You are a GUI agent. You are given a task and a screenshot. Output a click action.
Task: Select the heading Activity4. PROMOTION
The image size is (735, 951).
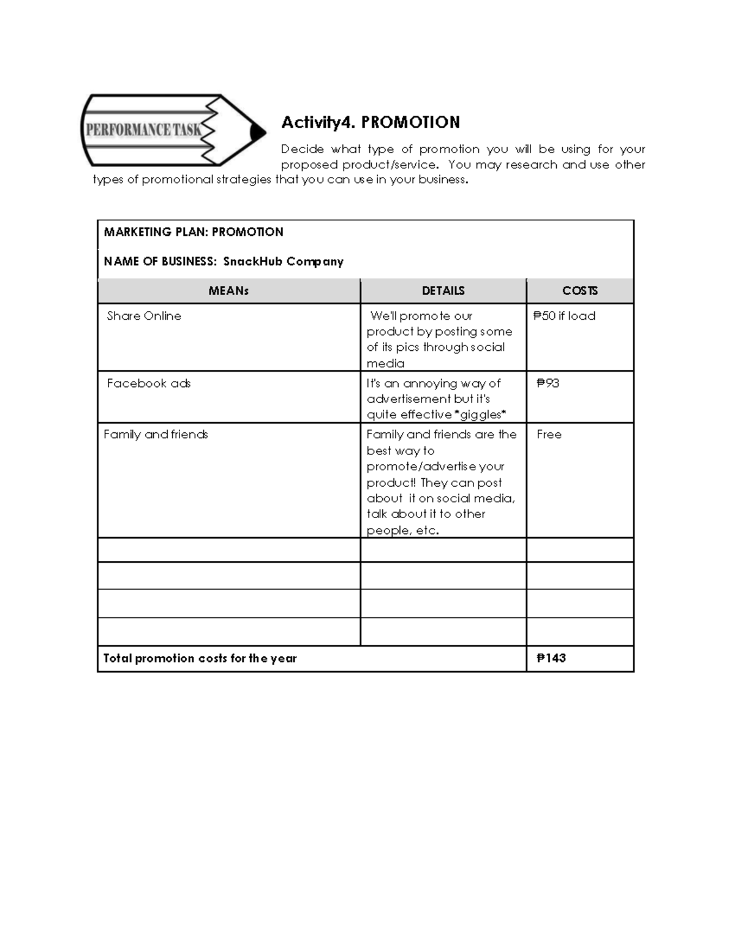point(370,122)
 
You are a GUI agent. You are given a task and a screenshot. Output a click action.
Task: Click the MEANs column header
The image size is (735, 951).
point(228,291)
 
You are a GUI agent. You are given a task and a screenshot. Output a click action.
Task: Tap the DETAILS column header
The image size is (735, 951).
point(443,291)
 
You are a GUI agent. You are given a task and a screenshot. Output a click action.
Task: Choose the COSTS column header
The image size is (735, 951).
point(579,291)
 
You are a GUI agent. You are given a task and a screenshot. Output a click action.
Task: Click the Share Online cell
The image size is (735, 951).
point(144,316)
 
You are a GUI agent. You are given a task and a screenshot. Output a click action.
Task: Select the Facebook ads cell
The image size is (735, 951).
point(148,383)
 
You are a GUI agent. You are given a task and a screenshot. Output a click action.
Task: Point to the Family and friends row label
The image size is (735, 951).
point(156,434)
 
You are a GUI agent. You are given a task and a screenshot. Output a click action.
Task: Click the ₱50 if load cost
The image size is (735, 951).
point(564,316)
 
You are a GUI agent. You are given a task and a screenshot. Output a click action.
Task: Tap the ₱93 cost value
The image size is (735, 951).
point(548,383)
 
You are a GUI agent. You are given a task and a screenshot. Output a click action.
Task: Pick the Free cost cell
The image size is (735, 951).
point(549,434)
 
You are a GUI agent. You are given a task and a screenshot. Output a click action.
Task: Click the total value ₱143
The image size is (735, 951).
point(551,658)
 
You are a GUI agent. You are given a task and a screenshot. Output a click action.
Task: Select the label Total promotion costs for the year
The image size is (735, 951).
point(200,658)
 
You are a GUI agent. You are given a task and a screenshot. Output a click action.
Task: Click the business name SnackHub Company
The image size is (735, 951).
point(283,261)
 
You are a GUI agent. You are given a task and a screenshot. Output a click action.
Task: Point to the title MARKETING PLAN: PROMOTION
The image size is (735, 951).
point(194,232)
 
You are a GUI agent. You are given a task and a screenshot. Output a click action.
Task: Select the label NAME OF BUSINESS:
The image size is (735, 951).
point(160,261)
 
